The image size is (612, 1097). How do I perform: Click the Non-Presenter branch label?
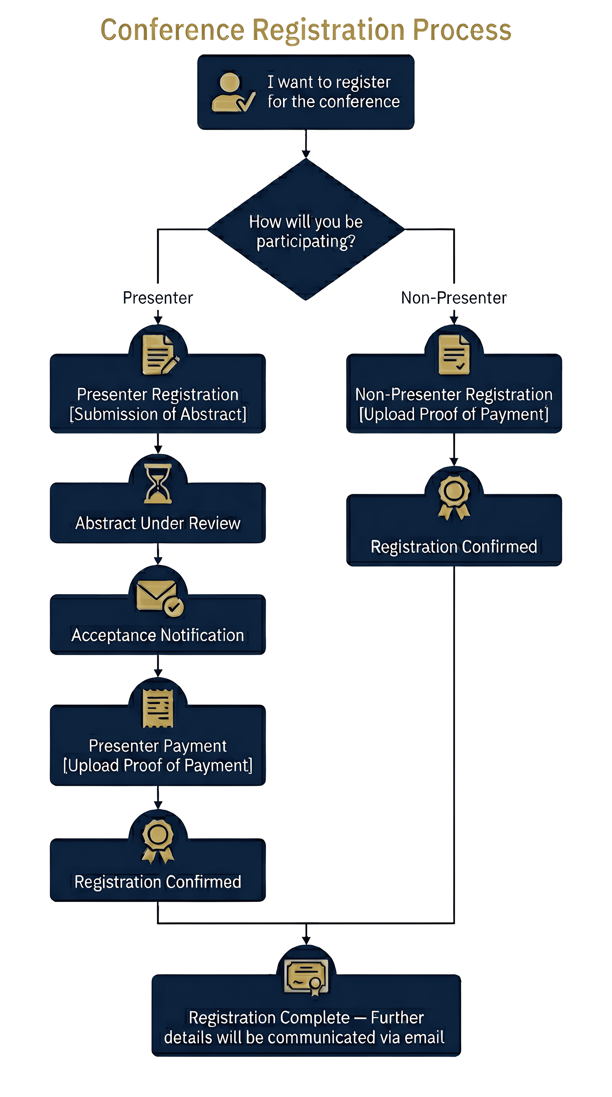454,298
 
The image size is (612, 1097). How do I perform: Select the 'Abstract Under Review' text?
158,523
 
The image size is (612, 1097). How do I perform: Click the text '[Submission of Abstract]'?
158,414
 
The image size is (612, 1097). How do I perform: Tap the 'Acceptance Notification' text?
158,635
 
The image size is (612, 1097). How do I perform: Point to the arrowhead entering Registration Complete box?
306,940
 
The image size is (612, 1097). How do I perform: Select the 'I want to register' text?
329,82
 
